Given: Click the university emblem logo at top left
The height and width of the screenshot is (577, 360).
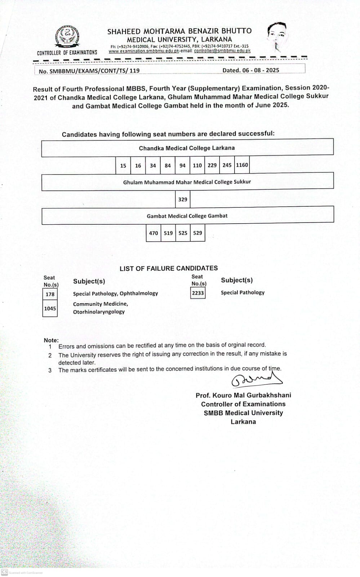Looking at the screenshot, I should pyautogui.click(x=67, y=37).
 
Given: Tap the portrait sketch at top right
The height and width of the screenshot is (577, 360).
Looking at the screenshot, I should pyautogui.click(x=277, y=36).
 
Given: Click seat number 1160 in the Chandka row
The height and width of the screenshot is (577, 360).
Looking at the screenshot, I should pyautogui.click(x=242, y=165).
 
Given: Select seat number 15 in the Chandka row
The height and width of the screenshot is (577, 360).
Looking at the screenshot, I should pyautogui.click(x=123, y=166).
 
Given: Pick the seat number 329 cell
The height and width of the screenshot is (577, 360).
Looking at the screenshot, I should pyautogui.click(x=183, y=199).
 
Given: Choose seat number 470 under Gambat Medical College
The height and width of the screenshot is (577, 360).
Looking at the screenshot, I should pyautogui.click(x=154, y=233).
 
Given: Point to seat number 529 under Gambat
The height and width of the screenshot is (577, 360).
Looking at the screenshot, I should pyautogui.click(x=197, y=233).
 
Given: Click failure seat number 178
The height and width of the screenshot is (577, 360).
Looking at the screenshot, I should pyautogui.click(x=50, y=294).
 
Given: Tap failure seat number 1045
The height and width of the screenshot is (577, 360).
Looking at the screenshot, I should pyautogui.click(x=50, y=308).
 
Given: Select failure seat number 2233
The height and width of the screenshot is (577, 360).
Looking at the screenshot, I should pyautogui.click(x=198, y=293).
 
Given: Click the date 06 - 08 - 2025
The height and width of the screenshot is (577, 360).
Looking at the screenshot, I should pyautogui.click(x=251, y=70).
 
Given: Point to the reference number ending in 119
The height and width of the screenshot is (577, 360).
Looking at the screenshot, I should pyautogui.click(x=89, y=71).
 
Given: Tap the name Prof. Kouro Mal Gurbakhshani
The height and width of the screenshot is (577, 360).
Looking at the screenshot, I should pyautogui.click(x=243, y=395).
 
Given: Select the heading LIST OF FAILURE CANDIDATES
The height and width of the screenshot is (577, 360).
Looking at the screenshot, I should pyautogui.click(x=169, y=268).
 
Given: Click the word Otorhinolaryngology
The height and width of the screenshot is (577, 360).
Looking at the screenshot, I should pyautogui.click(x=99, y=312).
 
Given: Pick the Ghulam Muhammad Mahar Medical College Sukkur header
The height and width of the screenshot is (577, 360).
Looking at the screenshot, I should pyautogui.click(x=187, y=182).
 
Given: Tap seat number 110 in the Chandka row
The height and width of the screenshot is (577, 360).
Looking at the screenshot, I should pyautogui.click(x=197, y=166).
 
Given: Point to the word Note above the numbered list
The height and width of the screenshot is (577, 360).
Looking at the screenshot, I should pyautogui.click(x=51, y=340).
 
